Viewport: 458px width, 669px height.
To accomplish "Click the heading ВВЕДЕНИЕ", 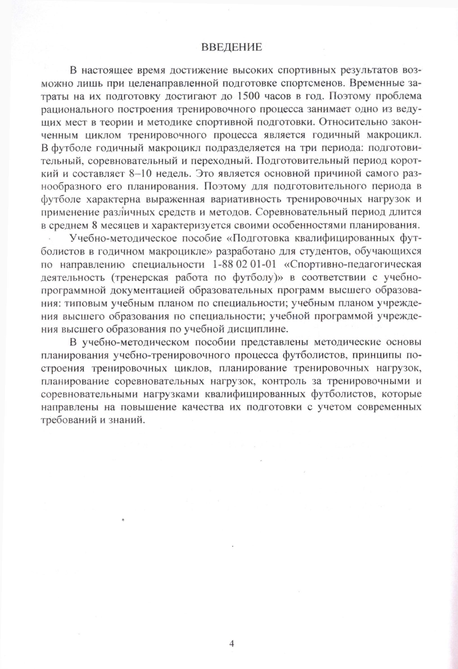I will [x=231, y=47].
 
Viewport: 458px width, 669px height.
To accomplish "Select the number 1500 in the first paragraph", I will [x=247, y=96].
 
